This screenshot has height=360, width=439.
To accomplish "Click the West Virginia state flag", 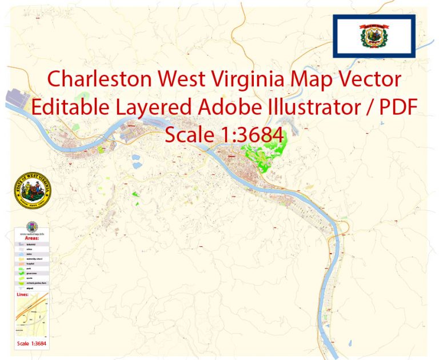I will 373,36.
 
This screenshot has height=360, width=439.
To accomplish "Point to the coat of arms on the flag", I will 373,36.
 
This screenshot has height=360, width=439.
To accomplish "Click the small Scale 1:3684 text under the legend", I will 32,343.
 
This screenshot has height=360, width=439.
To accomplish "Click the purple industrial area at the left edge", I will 14,99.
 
